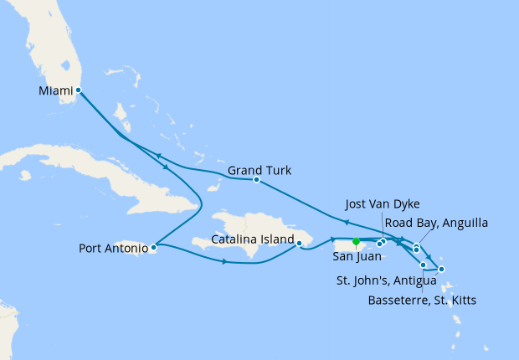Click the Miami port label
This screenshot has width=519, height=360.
click(55, 90)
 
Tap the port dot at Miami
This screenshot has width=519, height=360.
click(78, 90)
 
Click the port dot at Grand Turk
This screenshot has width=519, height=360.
click(256, 180)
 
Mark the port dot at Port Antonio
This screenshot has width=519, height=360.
click(153, 247)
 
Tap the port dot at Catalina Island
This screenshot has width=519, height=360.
click(299, 244)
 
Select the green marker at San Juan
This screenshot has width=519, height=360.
click(356, 242)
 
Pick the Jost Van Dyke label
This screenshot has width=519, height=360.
click(382, 203)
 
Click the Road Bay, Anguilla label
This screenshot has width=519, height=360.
click(435, 223)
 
